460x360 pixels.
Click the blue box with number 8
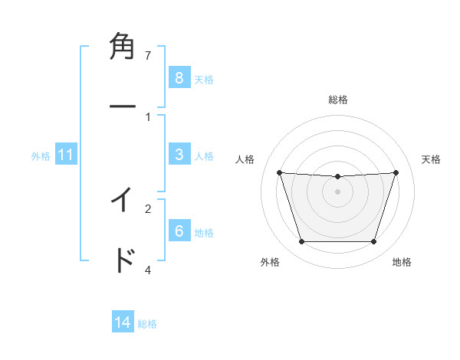point(179,78)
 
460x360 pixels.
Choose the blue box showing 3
point(179,155)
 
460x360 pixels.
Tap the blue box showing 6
point(179,231)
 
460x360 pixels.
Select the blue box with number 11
point(66,155)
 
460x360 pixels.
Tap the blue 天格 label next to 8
point(204,79)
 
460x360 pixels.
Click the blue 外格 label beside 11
point(41,156)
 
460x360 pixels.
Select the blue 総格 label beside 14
point(147,324)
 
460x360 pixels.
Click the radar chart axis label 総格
point(338,100)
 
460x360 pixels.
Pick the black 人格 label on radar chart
point(245,159)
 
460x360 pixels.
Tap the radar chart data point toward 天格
point(396,172)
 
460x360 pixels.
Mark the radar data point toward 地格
point(373,242)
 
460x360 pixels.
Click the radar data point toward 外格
point(301,242)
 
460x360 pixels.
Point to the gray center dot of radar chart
point(337,191)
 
